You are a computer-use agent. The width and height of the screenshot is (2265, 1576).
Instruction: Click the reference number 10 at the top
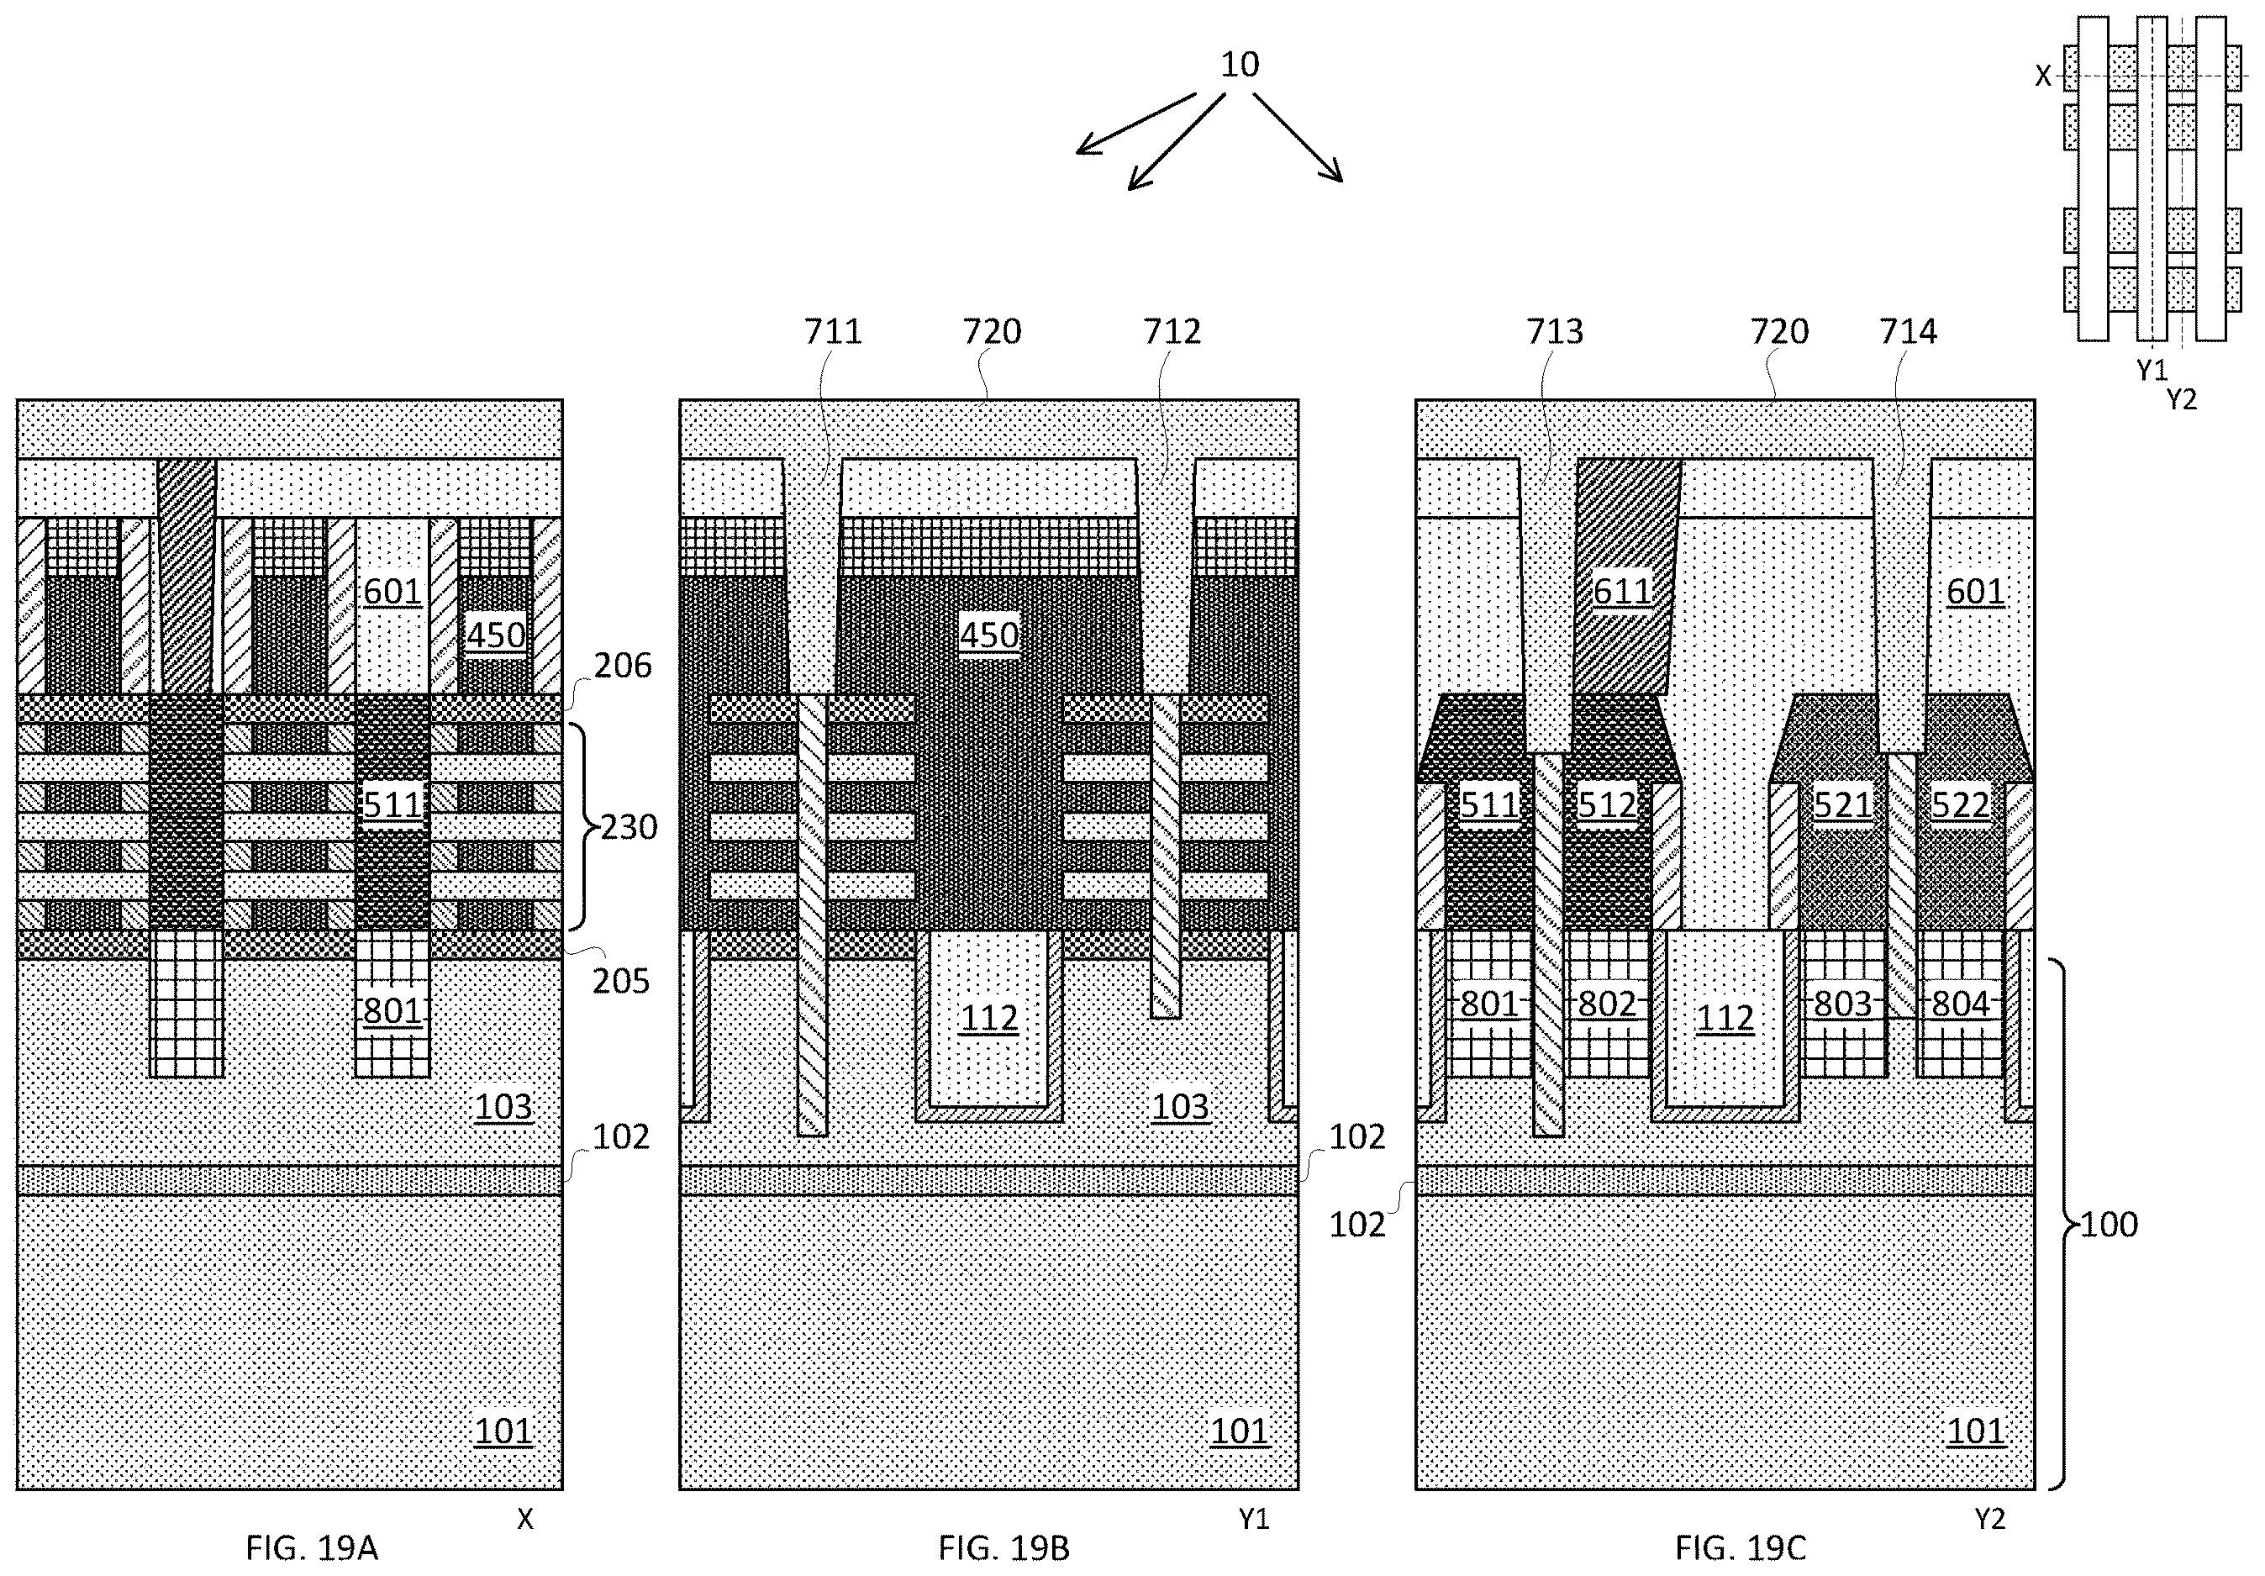pyautogui.click(x=1239, y=65)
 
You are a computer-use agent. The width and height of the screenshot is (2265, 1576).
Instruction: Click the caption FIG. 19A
pyautogui.click(x=312, y=1547)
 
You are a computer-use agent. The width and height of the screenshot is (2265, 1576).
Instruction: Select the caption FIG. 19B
pyautogui.click(x=1003, y=1547)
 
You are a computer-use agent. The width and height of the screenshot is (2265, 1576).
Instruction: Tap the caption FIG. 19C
pyautogui.click(x=1741, y=1547)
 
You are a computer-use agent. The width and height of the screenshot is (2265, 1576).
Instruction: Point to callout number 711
pyautogui.click(x=833, y=331)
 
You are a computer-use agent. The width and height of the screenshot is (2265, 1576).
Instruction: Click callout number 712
pyautogui.click(x=1172, y=331)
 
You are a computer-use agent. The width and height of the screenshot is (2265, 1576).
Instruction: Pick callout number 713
pyautogui.click(x=1555, y=331)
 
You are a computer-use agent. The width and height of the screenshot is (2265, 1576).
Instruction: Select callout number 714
pyautogui.click(x=1908, y=331)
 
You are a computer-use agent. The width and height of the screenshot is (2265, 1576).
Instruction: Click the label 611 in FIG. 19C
pyautogui.click(x=1622, y=591)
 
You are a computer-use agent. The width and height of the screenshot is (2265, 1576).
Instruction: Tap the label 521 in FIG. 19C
pyautogui.click(x=1841, y=805)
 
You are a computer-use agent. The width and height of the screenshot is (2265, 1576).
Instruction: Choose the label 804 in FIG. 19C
pyautogui.click(x=1960, y=1004)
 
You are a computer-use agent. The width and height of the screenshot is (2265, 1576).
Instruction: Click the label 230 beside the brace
pyautogui.click(x=629, y=826)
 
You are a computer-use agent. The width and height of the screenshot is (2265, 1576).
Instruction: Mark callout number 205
pyautogui.click(x=620, y=981)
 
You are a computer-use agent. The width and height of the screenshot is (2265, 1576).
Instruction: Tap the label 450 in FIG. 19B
pyautogui.click(x=989, y=635)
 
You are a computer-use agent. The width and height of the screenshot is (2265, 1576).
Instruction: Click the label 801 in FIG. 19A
pyautogui.click(x=392, y=1010)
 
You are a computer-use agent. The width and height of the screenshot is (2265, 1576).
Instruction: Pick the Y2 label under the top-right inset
pyautogui.click(x=2181, y=400)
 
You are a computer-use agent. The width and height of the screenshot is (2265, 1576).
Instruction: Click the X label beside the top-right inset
pyautogui.click(x=2043, y=76)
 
